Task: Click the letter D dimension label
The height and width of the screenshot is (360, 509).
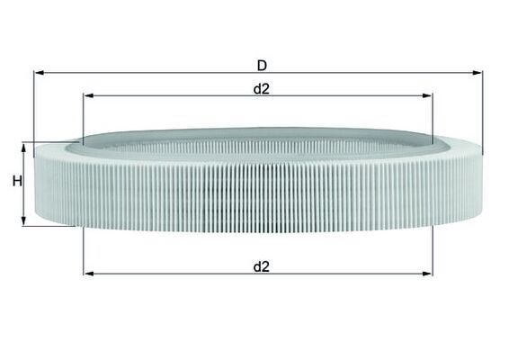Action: pos(262,66)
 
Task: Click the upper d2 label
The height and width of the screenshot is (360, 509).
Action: pos(262,89)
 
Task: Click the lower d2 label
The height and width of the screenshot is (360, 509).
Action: pos(262,266)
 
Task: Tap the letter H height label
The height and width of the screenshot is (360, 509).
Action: pos(17,181)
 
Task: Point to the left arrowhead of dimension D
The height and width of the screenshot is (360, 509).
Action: pos(39,73)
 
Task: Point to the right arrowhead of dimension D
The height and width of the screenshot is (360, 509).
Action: pos(478,73)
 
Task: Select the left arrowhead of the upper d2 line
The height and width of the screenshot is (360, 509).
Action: pos(88,95)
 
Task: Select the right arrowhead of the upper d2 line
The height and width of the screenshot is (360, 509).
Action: pos(427,95)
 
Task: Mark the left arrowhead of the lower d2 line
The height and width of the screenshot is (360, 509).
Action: pos(88,274)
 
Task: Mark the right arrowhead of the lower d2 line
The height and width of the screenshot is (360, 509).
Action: pos(427,274)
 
